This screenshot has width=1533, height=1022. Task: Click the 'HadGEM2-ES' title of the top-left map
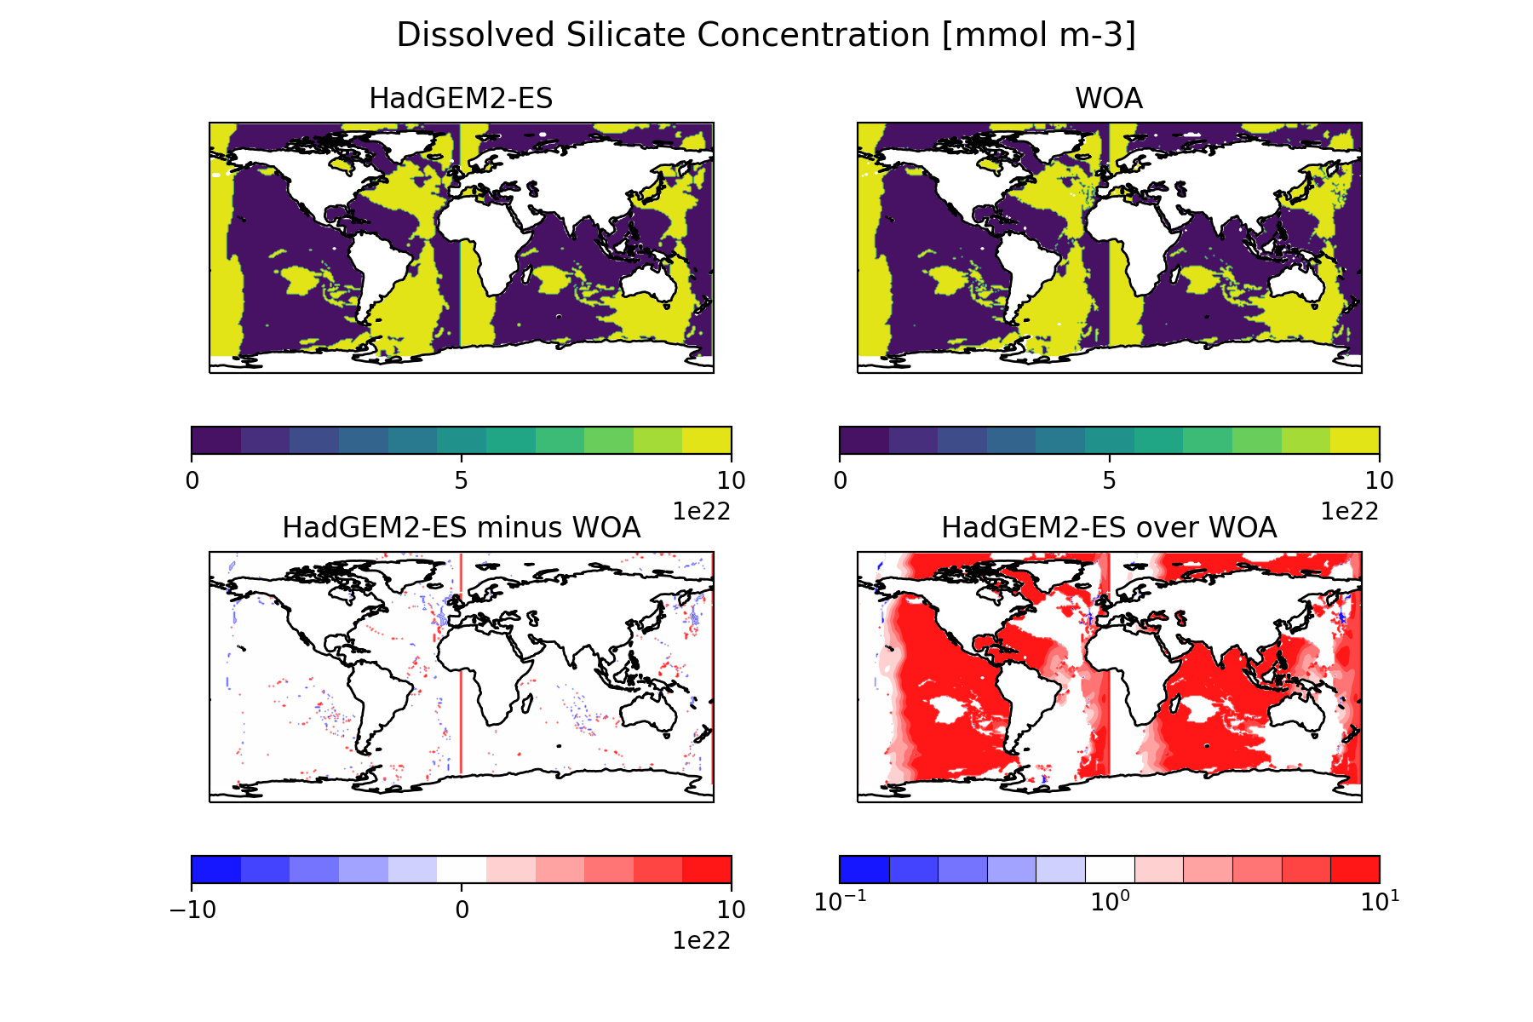(461, 99)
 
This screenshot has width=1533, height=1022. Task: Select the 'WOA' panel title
(1108, 99)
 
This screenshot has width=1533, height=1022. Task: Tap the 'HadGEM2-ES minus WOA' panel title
(461, 528)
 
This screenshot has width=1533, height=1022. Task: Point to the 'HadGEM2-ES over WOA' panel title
(1108, 528)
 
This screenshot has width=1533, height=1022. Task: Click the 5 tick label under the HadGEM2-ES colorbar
(461, 481)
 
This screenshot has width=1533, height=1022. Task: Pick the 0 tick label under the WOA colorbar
(841, 481)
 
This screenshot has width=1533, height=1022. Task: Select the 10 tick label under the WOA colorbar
(1379, 481)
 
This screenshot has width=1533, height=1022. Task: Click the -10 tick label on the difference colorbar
(192, 910)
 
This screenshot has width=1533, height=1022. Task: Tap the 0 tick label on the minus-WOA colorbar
(462, 910)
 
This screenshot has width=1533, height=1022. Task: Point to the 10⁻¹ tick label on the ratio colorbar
(839, 903)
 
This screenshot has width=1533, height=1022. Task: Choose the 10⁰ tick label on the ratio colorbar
(1109, 903)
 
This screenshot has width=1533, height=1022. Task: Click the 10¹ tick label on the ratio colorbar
(1379, 903)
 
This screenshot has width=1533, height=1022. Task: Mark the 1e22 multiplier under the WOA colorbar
(1349, 511)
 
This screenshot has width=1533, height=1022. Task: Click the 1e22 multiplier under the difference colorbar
(702, 940)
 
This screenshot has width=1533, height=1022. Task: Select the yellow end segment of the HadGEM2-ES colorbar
(707, 440)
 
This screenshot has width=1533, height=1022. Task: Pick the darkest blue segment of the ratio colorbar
(864, 870)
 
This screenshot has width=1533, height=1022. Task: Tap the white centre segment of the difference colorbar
(462, 870)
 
